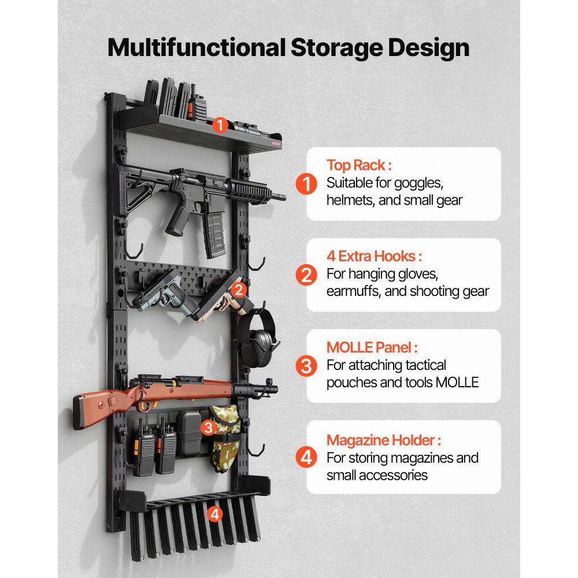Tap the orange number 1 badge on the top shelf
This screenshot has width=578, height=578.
coord(219,125)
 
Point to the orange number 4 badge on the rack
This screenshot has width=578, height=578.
coord(214,513)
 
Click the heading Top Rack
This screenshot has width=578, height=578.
coord(358,165)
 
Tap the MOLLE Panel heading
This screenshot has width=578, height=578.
coord(372,347)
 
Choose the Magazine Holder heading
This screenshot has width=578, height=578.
coord(384,440)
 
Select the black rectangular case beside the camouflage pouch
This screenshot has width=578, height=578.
coord(188,433)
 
